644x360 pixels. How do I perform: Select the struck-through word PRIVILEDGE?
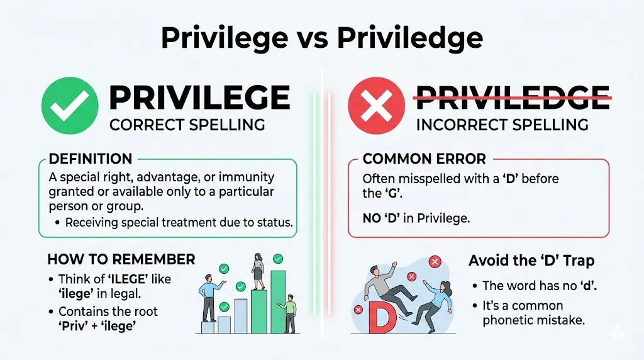tap(513, 98)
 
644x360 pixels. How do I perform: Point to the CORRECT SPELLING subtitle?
tap(187, 125)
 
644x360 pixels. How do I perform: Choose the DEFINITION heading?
tap(90, 159)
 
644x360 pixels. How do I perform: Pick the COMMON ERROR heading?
tap(424, 159)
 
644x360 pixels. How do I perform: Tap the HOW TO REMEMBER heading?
tap(121, 259)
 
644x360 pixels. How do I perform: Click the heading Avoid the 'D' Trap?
tap(531, 260)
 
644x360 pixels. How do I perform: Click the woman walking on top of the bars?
tap(257, 271)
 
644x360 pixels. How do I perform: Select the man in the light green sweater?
tap(289, 312)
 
